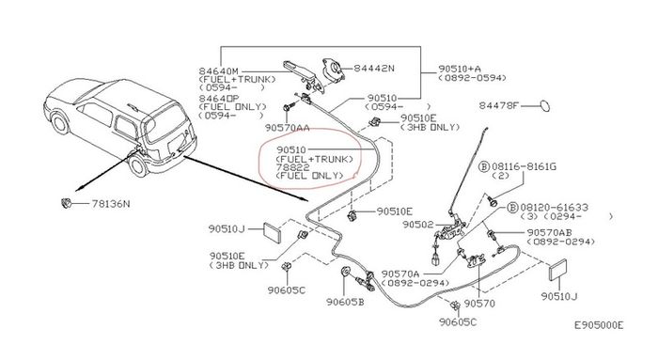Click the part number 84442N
(x=374, y=68)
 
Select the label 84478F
(x=499, y=105)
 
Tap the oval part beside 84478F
(x=544, y=105)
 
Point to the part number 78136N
(x=111, y=204)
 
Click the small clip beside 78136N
(x=66, y=203)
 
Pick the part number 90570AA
(x=287, y=128)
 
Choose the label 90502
(x=417, y=225)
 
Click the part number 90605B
(x=345, y=302)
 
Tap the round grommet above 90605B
(x=345, y=273)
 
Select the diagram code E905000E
(x=599, y=325)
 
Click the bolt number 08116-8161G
(x=524, y=166)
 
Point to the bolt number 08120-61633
(x=554, y=208)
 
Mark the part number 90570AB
(x=549, y=232)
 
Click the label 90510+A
(x=460, y=69)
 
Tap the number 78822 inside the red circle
(x=293, y=167)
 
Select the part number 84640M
(x=218, y=70)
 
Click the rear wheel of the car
(x=138, y=164)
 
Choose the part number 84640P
(x=218, y=98)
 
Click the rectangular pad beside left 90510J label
(x=272, y=232)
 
